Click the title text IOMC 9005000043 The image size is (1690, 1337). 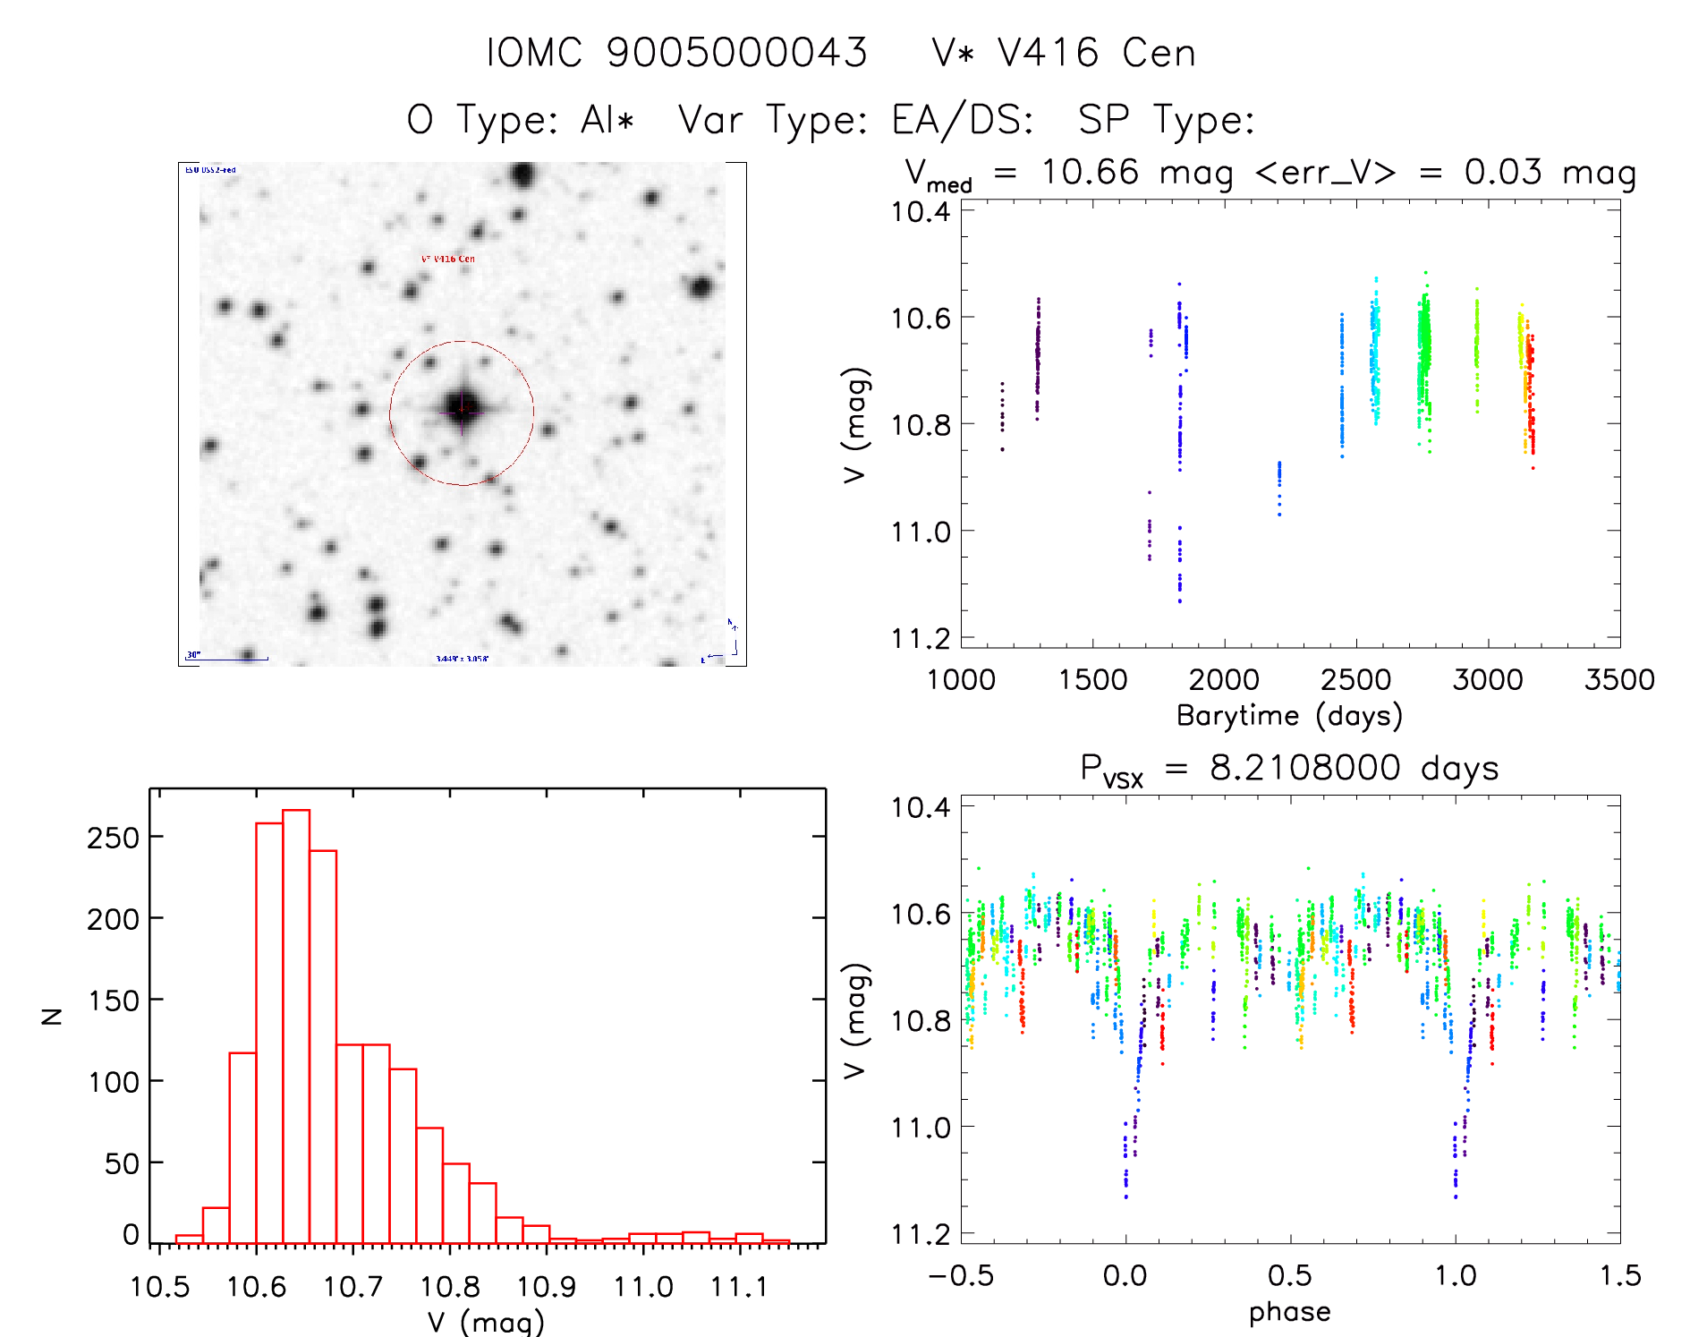pos(676,53)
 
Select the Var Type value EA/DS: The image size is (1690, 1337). pos(963,120)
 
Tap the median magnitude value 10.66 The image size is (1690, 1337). pos(1090,172)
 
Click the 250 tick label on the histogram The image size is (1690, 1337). pos(114,838)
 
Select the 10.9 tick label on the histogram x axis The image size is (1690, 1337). pos(547,1287)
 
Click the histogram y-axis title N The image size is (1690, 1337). pos(53,1016)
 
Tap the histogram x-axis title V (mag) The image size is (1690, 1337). pos(486,1322)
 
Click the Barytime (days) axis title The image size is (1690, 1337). pos(1289,716)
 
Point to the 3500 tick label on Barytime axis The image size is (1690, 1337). pos(1619,680)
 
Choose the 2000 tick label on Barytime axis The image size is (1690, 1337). pos(1224,680)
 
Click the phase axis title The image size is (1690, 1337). pos(1289,1312)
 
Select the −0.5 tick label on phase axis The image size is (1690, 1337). pos(961,1276)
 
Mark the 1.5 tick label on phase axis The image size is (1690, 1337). pos(1619,1276)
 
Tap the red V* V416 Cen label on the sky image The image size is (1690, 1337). pos(448,259)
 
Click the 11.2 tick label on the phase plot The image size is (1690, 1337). pos(921,1234)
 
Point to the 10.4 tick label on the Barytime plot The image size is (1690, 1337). pos(921,212)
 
